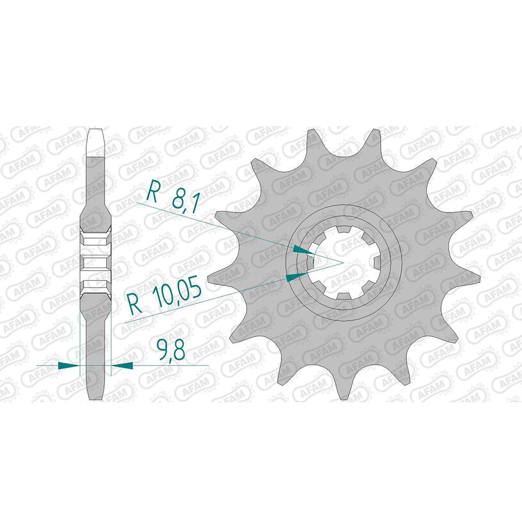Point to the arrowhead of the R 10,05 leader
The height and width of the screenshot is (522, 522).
[296, 276]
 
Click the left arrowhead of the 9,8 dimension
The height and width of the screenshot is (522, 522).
[69, 365]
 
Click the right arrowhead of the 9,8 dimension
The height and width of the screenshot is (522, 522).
[122, 365]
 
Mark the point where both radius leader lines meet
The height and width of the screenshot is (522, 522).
[343, 263]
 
